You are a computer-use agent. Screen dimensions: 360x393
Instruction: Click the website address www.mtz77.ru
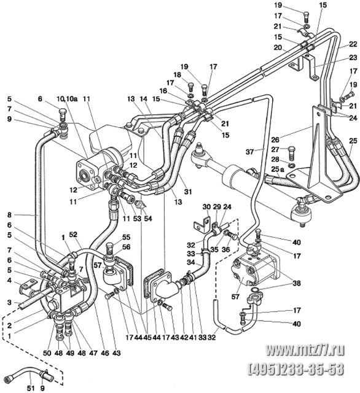coord(305,349)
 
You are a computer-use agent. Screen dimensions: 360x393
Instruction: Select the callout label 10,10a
coord(67,99)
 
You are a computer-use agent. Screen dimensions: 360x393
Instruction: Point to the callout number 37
coord(249,152)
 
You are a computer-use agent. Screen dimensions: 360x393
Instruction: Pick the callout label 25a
coord(278,169)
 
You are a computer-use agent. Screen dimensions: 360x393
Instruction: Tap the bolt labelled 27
coord(291,153)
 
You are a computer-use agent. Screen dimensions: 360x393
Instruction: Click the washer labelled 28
coord(292,165)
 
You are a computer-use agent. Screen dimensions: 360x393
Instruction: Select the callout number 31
coord(187,192)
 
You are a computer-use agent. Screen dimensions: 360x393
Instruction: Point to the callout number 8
coord(9,215)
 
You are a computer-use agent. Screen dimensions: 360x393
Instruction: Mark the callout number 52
coord(74,235)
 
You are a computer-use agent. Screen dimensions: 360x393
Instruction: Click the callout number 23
coord(353,58)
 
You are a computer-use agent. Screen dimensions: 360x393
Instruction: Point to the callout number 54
coord(148,219)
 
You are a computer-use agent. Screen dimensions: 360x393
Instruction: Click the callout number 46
coord(105,353)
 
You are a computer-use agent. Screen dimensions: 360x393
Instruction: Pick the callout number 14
coord(143,99)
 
